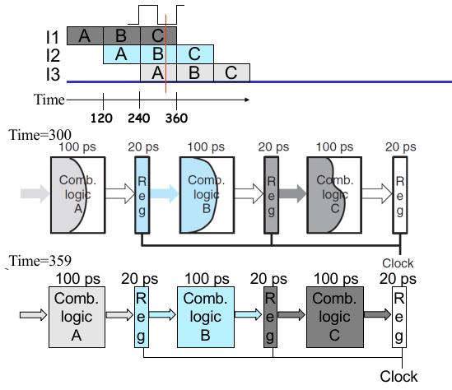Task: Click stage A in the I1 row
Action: [x=85, y=36]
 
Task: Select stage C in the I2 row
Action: [x=195, y=54]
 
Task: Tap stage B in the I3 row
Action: [x=195, y=72]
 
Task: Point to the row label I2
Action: [x=53, y=55]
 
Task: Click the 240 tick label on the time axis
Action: [x=139, y=118]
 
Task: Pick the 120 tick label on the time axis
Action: [x=101, y=118]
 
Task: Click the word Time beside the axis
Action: [x=49, y=100]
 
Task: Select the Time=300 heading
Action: [x=40, y=135]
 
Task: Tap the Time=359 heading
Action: [x=40, y=261]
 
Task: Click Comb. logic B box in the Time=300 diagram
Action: [x=207, y=195]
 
